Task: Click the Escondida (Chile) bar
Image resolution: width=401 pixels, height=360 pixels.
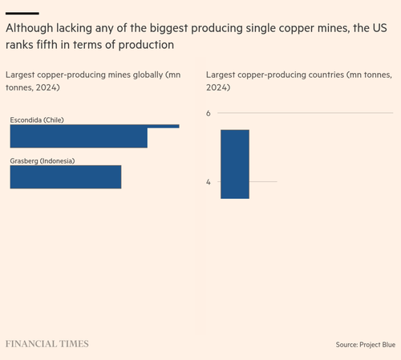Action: coord(79,136)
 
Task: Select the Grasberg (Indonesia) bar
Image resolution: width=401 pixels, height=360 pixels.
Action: coord(66,177)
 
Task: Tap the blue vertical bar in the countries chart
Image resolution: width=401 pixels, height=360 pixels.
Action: coord(235,164)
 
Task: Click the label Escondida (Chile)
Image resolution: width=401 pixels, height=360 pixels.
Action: coord(37,120)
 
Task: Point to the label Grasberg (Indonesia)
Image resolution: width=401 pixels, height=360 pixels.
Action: coord(43,161)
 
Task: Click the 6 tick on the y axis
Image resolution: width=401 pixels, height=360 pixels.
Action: coord(209,113)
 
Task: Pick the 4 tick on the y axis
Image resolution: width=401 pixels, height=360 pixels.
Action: coord(209,182)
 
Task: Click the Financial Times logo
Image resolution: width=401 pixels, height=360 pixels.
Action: coord(47,344)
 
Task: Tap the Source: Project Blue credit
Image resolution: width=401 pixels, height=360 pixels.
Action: coord(366,345)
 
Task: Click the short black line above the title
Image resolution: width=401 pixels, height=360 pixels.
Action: coord(22,13)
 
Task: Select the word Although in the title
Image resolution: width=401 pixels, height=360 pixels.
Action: coord(30,28)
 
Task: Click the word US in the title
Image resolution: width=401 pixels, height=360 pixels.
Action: coord(379,28)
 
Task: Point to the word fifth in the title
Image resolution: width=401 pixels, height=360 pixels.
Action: coord(47,45)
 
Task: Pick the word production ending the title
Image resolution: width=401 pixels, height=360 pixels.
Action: coord(146,45)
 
